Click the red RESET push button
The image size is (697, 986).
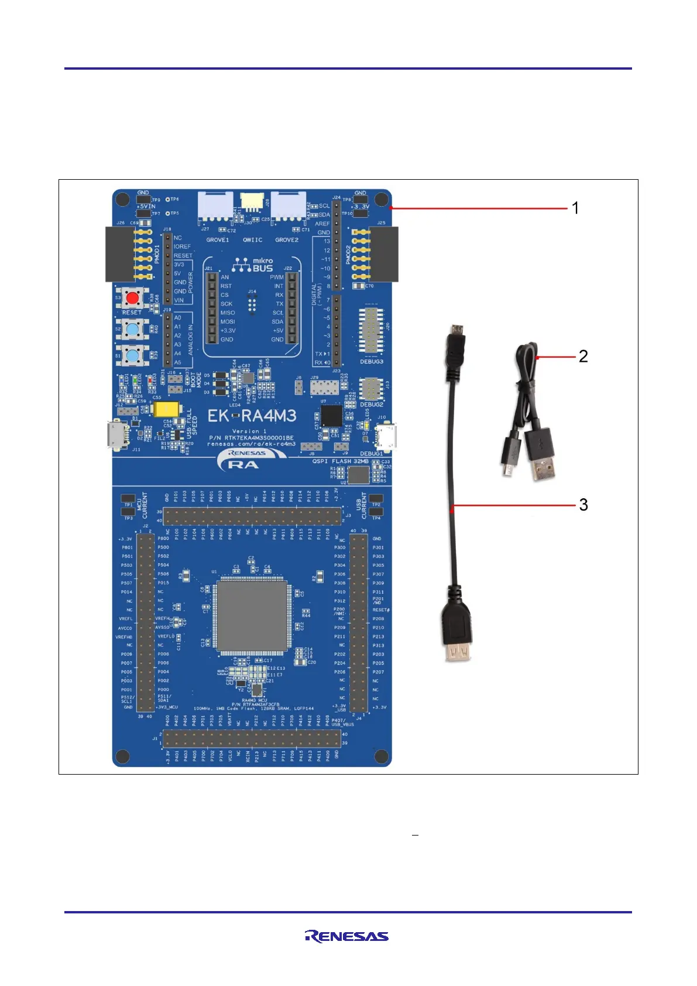click(x=133, y=299)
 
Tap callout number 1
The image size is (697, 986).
click(x=575, y=208)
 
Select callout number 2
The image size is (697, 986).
click(x=583, y=356)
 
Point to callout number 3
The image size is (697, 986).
click(x=583, y=505)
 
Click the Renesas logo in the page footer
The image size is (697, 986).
click(x=346, y=936)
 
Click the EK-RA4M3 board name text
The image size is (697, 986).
click(x=252, y=416)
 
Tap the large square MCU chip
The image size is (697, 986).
click(x=252, y=616)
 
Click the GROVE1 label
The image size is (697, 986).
click(x=218, y=240)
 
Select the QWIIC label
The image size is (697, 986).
click(x=252, y=240)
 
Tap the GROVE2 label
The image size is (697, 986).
click(x=287, y=240)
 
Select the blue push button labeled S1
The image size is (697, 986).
click(x=133, y=355)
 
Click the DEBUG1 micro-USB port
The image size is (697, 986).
click(x=386, y=436)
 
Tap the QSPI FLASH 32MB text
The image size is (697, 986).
click(x=341, y=461)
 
